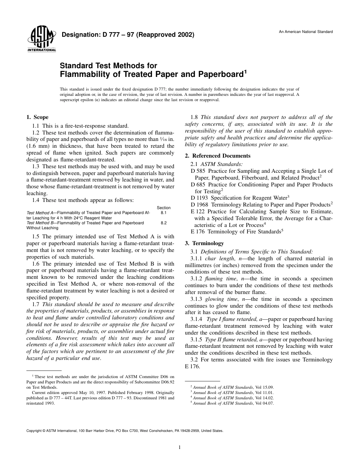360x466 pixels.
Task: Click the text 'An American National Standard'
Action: pyautogui.click(x=306, y=32)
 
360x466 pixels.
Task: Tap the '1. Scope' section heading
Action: pyautogui.click(x=37, y=117)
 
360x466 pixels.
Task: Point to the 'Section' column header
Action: pyautogui.click(x=164, y=208)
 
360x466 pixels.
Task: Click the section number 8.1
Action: pyautogui.click(x=164, y=213)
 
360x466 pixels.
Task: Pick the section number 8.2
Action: pyautogui.click(x=164, y=223)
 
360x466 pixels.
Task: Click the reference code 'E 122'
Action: pyautogui.click(x=197, y=211)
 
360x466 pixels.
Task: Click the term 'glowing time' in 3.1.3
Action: pyautogui.click(x=218, y=299)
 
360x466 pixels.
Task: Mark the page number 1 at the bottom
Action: pyautogui.click(x=180, y=447)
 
